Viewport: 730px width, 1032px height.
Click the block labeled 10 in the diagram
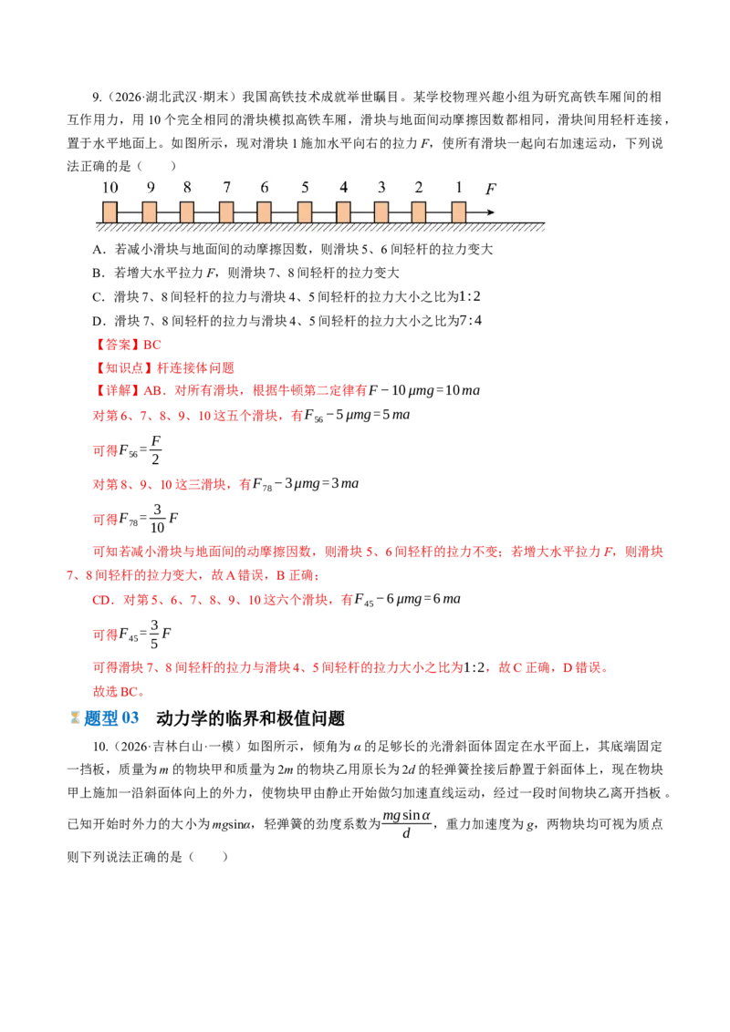coord(110,212)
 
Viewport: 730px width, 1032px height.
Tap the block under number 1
coord(459,212)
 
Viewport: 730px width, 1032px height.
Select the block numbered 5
coord(305,212)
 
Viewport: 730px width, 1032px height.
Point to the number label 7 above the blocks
coord(226,188)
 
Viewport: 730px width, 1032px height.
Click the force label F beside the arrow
coord(491,190)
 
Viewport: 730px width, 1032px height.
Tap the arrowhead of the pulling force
coord(490,212)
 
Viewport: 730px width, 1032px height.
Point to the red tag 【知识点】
coord(123,368)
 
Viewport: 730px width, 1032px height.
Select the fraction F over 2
coord(155,450)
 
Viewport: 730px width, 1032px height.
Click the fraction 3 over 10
coord(158,519)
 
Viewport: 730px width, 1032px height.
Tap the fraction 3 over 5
coord(155,635)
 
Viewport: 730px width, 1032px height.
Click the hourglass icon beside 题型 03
coord(75,717)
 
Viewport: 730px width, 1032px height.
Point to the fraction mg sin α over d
coord(406,823)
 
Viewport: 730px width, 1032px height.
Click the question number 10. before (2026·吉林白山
coord(100,747)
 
